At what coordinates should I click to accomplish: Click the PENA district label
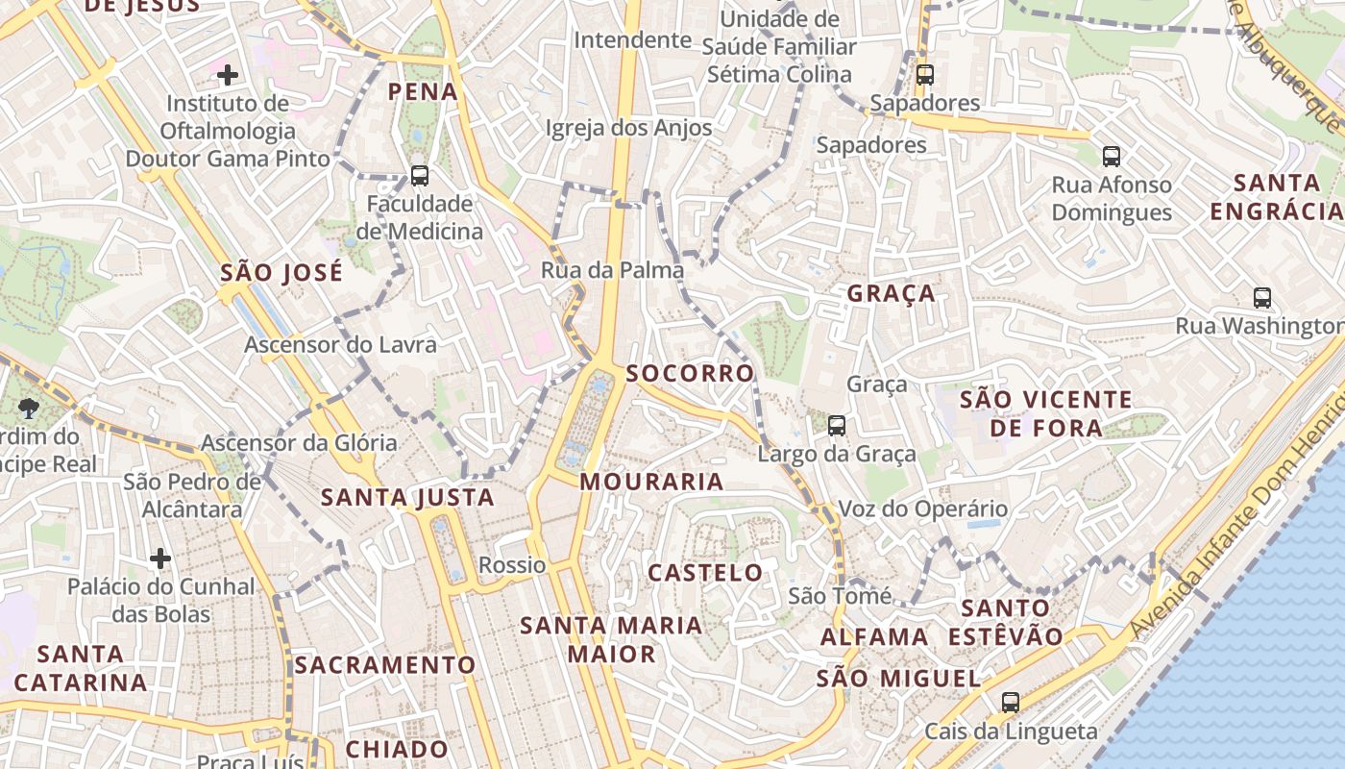pos(423,92)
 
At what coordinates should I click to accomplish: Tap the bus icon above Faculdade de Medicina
pos(420,176)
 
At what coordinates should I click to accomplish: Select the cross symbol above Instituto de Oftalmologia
pos(228,74)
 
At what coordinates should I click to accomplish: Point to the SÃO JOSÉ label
pos(281,273)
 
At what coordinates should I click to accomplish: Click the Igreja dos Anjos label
pos(629,128)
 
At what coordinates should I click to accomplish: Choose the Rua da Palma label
pos(613,270)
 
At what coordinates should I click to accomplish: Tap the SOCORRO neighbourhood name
pos(691,373)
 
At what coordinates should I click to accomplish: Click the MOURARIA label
pos(652,482)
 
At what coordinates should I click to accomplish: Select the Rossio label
pos(512,565)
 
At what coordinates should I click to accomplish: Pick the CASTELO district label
pos(706,573)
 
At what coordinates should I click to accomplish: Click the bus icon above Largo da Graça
pos(837,426)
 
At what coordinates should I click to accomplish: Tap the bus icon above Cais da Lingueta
pos(1011,703)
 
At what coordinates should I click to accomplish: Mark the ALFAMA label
pos(874,636)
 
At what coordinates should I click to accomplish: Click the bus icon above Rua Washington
pos(1262,298)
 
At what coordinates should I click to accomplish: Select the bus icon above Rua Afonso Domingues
pos(1112,156)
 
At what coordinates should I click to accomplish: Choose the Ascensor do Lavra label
pos(340,344)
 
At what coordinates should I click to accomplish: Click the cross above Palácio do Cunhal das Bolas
pos(160,558)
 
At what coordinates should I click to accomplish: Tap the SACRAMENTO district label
pos(385,665)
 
